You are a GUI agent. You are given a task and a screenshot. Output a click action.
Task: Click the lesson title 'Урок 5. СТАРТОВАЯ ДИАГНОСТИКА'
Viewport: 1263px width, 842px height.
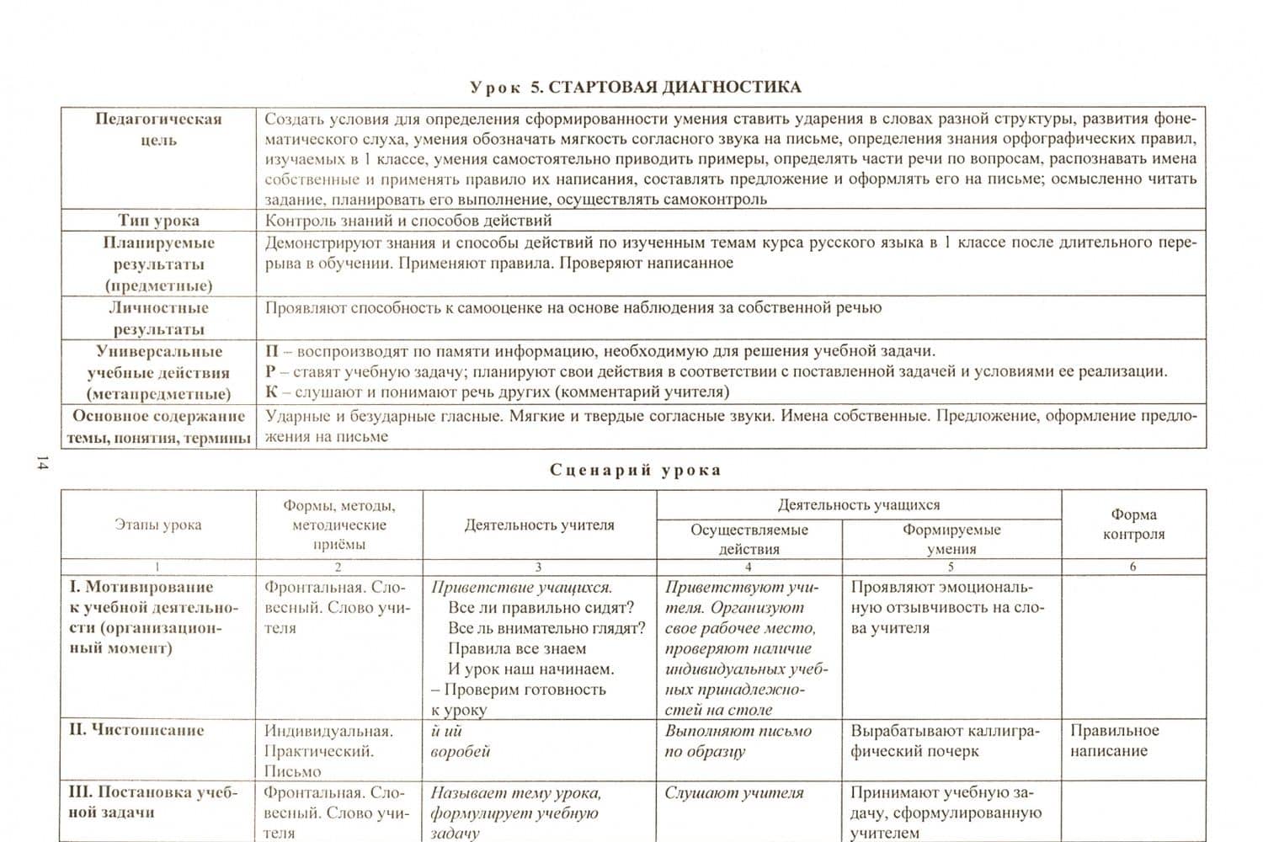click(x=635, y=87)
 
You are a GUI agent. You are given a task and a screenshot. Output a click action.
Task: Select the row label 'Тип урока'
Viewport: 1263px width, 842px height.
click(x=158, y=221)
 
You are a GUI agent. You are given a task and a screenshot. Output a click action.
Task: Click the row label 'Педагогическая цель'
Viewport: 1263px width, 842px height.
click(x=158, y=129)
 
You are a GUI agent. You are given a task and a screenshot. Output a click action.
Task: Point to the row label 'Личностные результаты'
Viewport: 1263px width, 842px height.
click(x=158, y=318)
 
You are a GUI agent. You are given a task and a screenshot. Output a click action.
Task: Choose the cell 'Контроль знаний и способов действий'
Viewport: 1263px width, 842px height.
click(x=408, y=221)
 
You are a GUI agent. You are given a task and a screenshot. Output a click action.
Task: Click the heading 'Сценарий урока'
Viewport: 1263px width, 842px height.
click(x=635, y=470)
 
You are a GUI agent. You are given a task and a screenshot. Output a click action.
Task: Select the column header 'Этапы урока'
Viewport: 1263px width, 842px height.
click(x=158, y=525)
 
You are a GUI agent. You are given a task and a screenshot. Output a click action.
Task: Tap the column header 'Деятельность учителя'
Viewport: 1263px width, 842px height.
click(x=540, y=525)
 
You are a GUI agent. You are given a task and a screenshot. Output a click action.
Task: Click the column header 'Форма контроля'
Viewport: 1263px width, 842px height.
click(x=1133, y=524)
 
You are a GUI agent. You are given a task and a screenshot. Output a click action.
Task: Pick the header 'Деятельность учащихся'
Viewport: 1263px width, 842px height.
click(x=859, y=505)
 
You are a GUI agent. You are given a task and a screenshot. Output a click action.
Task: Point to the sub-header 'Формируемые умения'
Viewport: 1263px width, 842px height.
click(x=951, y=539)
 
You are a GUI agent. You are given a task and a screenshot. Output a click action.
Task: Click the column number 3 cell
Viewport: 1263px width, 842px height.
click(x=539, y=567)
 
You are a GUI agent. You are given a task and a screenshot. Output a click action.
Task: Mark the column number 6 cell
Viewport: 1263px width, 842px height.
click(x=1133, y=567)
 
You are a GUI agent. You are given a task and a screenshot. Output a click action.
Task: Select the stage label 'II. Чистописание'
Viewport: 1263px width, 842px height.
click(x=136, y=730)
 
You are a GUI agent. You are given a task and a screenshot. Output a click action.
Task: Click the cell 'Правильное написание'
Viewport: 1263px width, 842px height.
click(x=1114, y=741)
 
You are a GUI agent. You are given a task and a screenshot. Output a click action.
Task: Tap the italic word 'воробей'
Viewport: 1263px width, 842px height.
click(x=460, y=751)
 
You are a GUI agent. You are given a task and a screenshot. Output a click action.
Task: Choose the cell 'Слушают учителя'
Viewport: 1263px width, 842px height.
click(x=734, y=792)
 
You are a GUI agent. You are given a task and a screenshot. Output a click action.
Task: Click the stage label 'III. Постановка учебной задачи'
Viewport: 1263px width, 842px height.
click(x=153, y=802)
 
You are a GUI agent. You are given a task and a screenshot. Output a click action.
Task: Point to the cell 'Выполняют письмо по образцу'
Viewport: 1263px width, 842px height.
click(x=738, y=741)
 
